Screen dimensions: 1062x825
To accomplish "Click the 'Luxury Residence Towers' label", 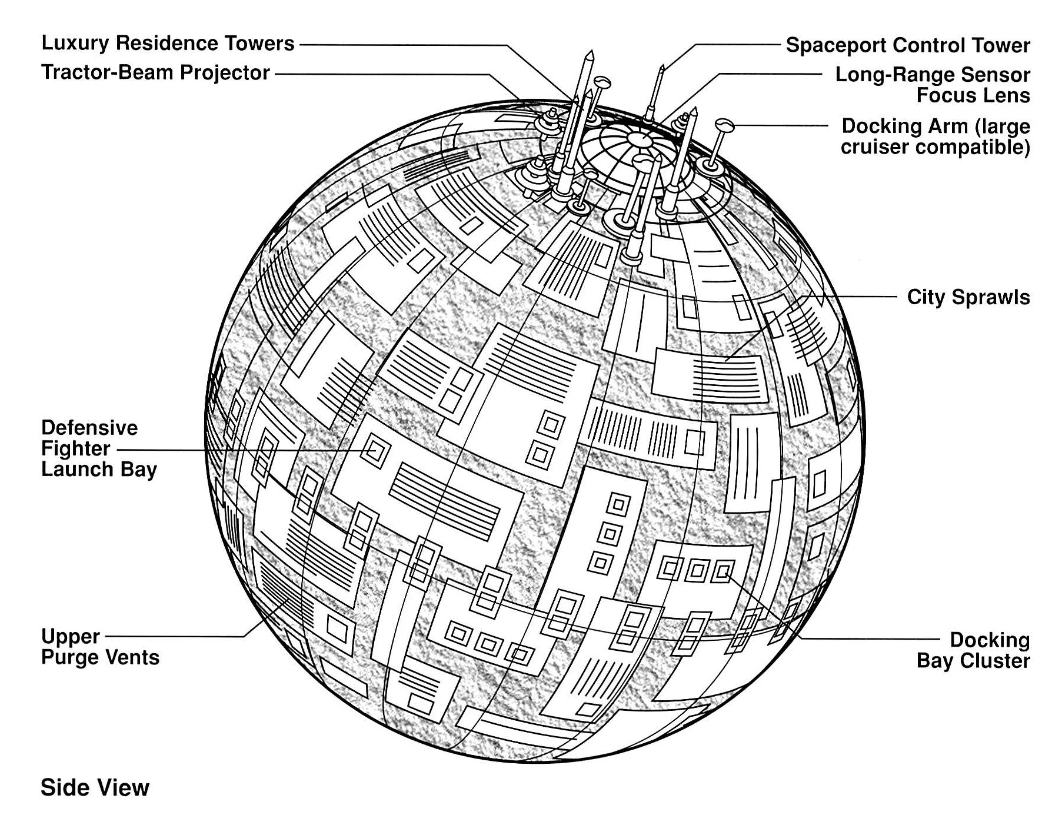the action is coord(168,44).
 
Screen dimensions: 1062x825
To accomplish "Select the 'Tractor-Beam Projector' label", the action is coord(155,72).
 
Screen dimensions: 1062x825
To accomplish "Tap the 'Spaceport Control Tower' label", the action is coord(908,45).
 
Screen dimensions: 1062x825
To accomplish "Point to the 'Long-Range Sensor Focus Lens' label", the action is coord(933,85).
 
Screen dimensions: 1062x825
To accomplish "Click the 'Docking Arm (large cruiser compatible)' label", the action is coord(936,136).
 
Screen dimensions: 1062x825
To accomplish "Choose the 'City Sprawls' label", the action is coord(968,297).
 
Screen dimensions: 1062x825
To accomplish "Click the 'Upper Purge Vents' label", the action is coord(100,647).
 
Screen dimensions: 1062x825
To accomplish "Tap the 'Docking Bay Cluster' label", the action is coord(973,650).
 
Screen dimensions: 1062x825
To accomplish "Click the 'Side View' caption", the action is coord(95,787).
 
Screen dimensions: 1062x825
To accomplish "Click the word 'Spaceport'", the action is coord(835,45).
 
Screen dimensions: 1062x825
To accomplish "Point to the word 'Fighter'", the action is coord(75,448).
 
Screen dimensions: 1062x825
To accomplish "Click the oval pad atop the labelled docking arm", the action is coord(724,124).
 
